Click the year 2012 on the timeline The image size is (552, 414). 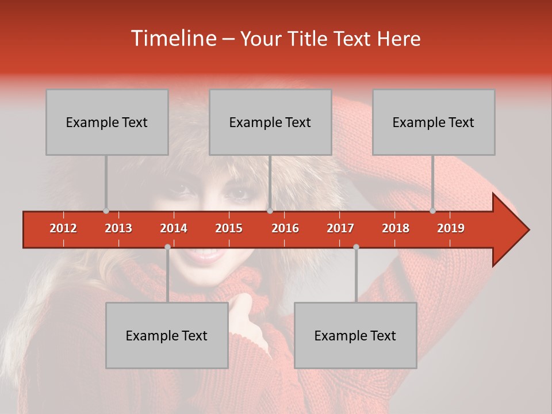63,228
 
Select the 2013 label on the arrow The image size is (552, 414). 118,228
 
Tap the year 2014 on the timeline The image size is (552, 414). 174,228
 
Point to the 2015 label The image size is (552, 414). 229,228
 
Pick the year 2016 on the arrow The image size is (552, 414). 285,228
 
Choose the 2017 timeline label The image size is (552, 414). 340,228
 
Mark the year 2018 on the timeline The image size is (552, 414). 396,228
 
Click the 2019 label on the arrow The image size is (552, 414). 451,228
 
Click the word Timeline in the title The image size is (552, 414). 172,39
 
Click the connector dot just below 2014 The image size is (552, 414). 167,247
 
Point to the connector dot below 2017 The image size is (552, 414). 356,247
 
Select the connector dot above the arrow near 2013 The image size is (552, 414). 106,211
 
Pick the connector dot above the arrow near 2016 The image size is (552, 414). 270,211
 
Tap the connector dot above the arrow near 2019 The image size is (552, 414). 432,211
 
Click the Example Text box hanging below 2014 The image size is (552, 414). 167,335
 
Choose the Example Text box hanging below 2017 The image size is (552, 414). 355,335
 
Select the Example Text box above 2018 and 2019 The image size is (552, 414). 434,122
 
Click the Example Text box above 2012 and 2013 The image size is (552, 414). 107,122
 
